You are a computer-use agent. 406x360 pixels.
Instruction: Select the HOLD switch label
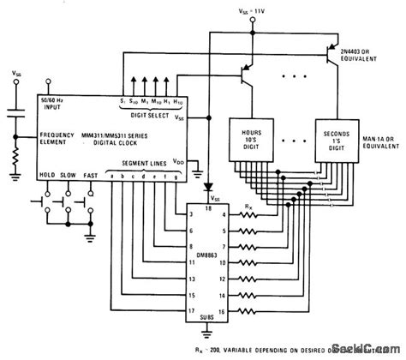click(47, 174)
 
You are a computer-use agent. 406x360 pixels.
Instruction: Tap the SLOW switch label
click(69, 174)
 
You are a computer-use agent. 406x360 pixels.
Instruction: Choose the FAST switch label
click(90, 174)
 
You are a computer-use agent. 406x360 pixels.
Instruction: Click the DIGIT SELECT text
click(156, 115)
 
